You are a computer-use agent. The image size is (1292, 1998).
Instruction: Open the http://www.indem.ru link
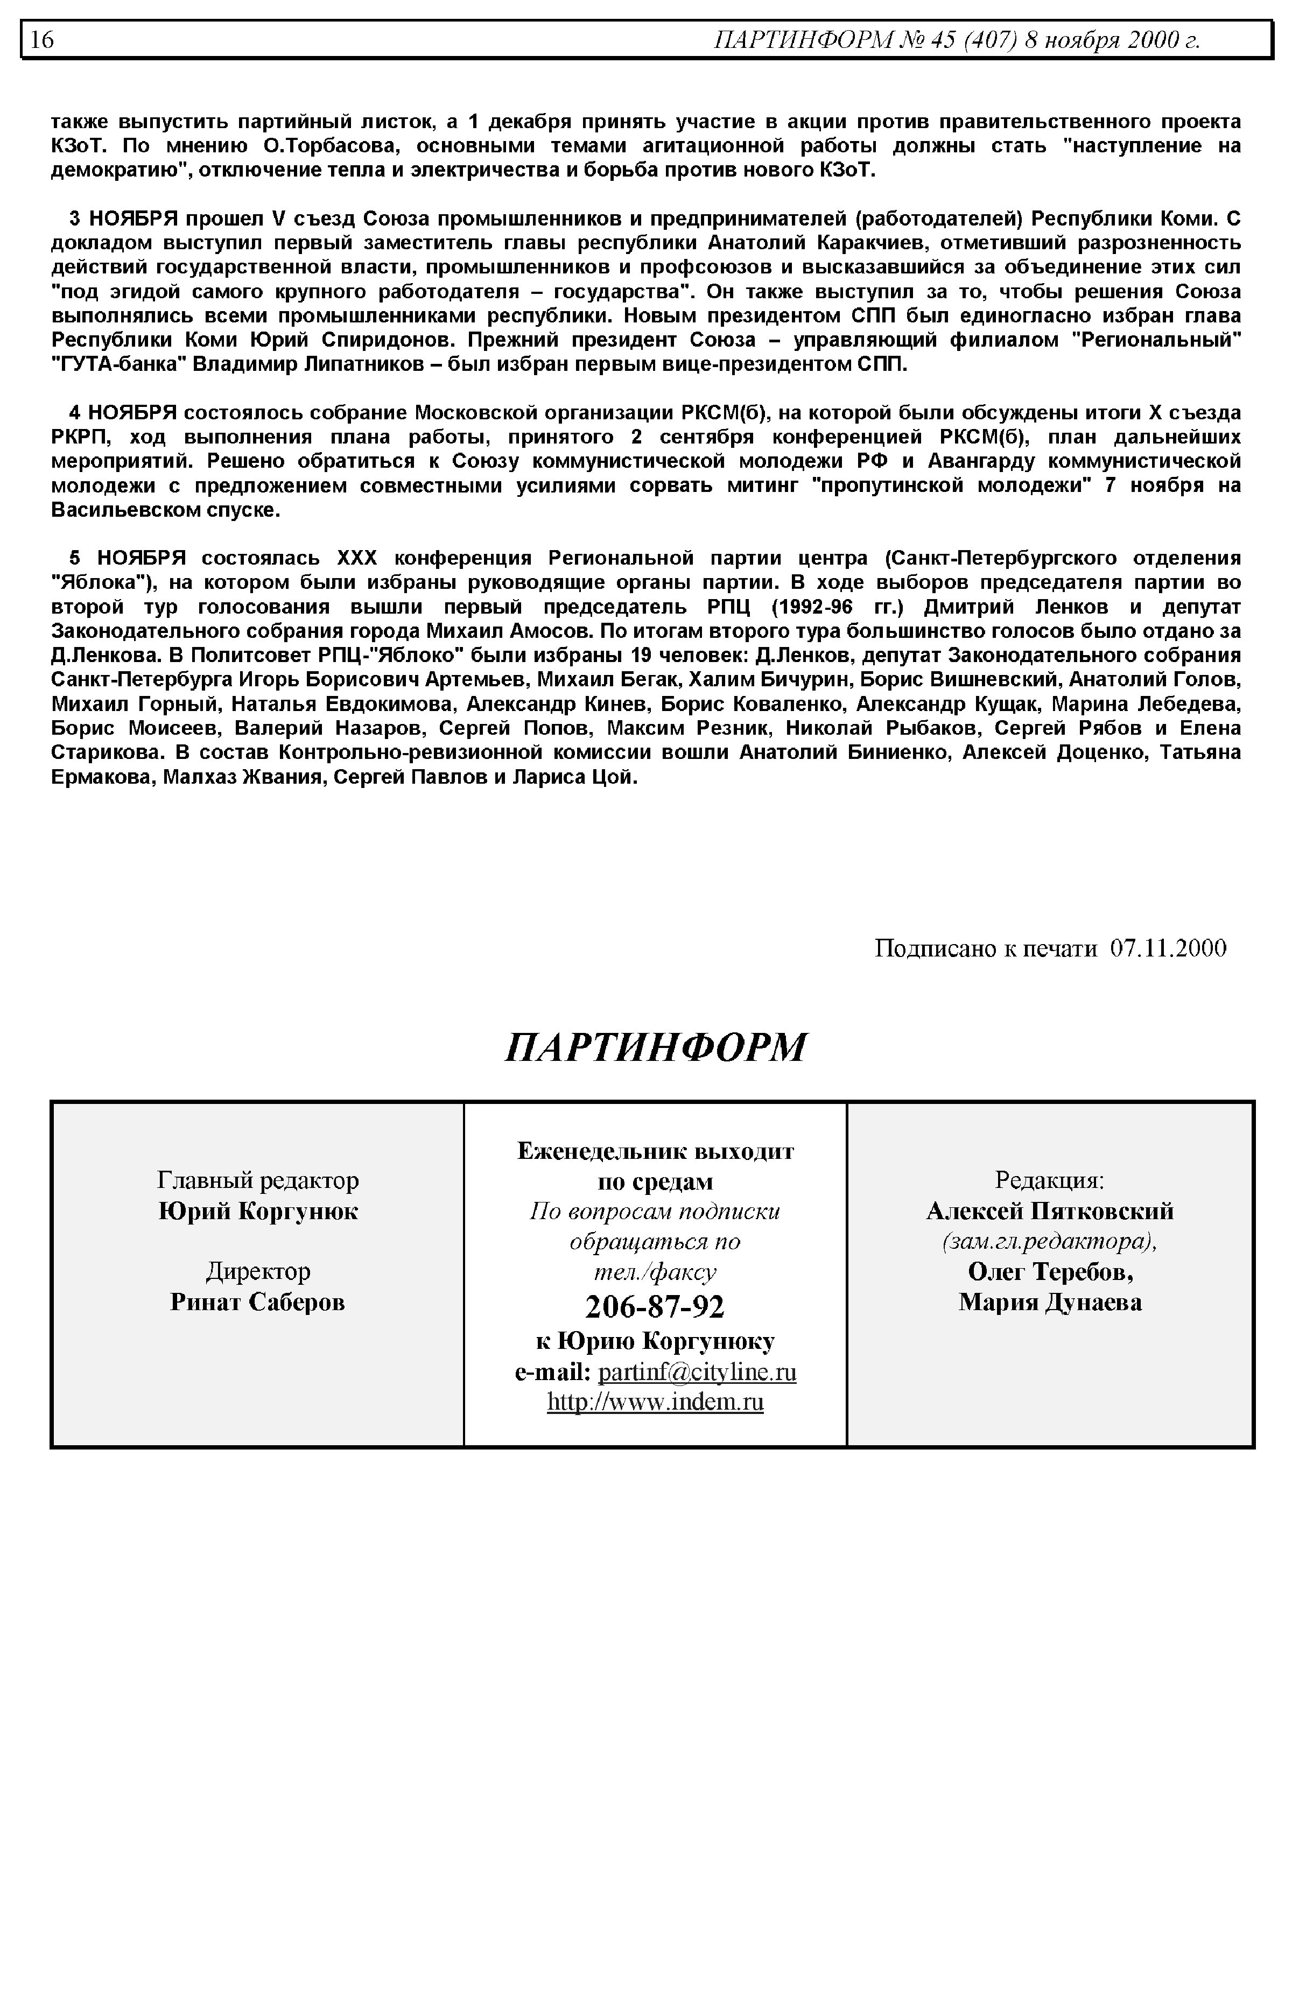(655, 1403)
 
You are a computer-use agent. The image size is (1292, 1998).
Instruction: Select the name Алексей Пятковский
(1050, 1211)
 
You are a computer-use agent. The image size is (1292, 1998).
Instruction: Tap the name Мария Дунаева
(1050, 1303)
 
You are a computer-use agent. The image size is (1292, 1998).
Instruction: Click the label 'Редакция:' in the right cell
(1050, 1180)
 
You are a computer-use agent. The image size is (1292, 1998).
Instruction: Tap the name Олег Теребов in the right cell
(1050, 1272)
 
